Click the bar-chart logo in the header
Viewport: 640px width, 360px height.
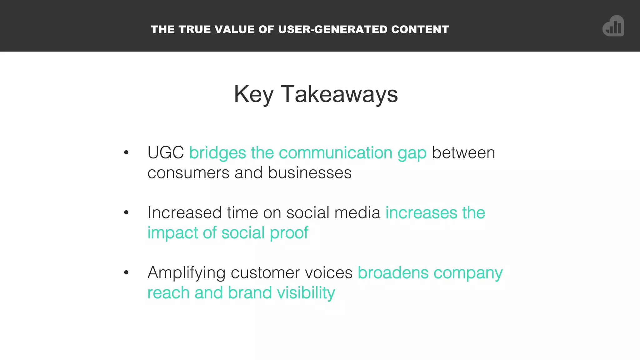point(613,26)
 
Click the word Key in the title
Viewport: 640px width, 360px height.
point(253,94)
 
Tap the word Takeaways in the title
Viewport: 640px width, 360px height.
point(339,94)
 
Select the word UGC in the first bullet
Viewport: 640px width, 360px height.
point(166,153)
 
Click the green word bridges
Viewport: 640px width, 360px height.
point(217,153)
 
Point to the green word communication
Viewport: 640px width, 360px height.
point(335,153)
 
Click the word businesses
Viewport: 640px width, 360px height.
point(310,173)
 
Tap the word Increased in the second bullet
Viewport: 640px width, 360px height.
point(185,213)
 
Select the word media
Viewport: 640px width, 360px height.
point(357,213)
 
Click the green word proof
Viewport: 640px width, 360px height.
point(289,233)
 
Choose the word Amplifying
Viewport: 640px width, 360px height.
point(186,273)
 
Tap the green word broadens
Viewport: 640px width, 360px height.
point(393,273)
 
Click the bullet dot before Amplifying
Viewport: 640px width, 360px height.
point(126,272)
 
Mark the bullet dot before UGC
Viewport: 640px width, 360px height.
point(126,152)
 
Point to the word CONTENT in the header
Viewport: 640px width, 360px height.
point(420,29)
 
